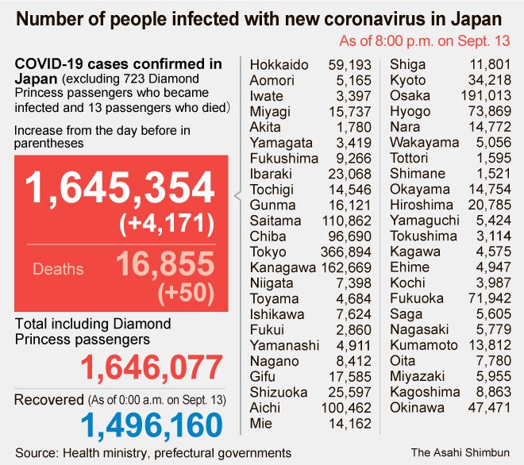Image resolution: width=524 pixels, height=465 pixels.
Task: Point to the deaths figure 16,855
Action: [164, 265]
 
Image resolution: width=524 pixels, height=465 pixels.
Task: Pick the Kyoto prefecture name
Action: [407, 81]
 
